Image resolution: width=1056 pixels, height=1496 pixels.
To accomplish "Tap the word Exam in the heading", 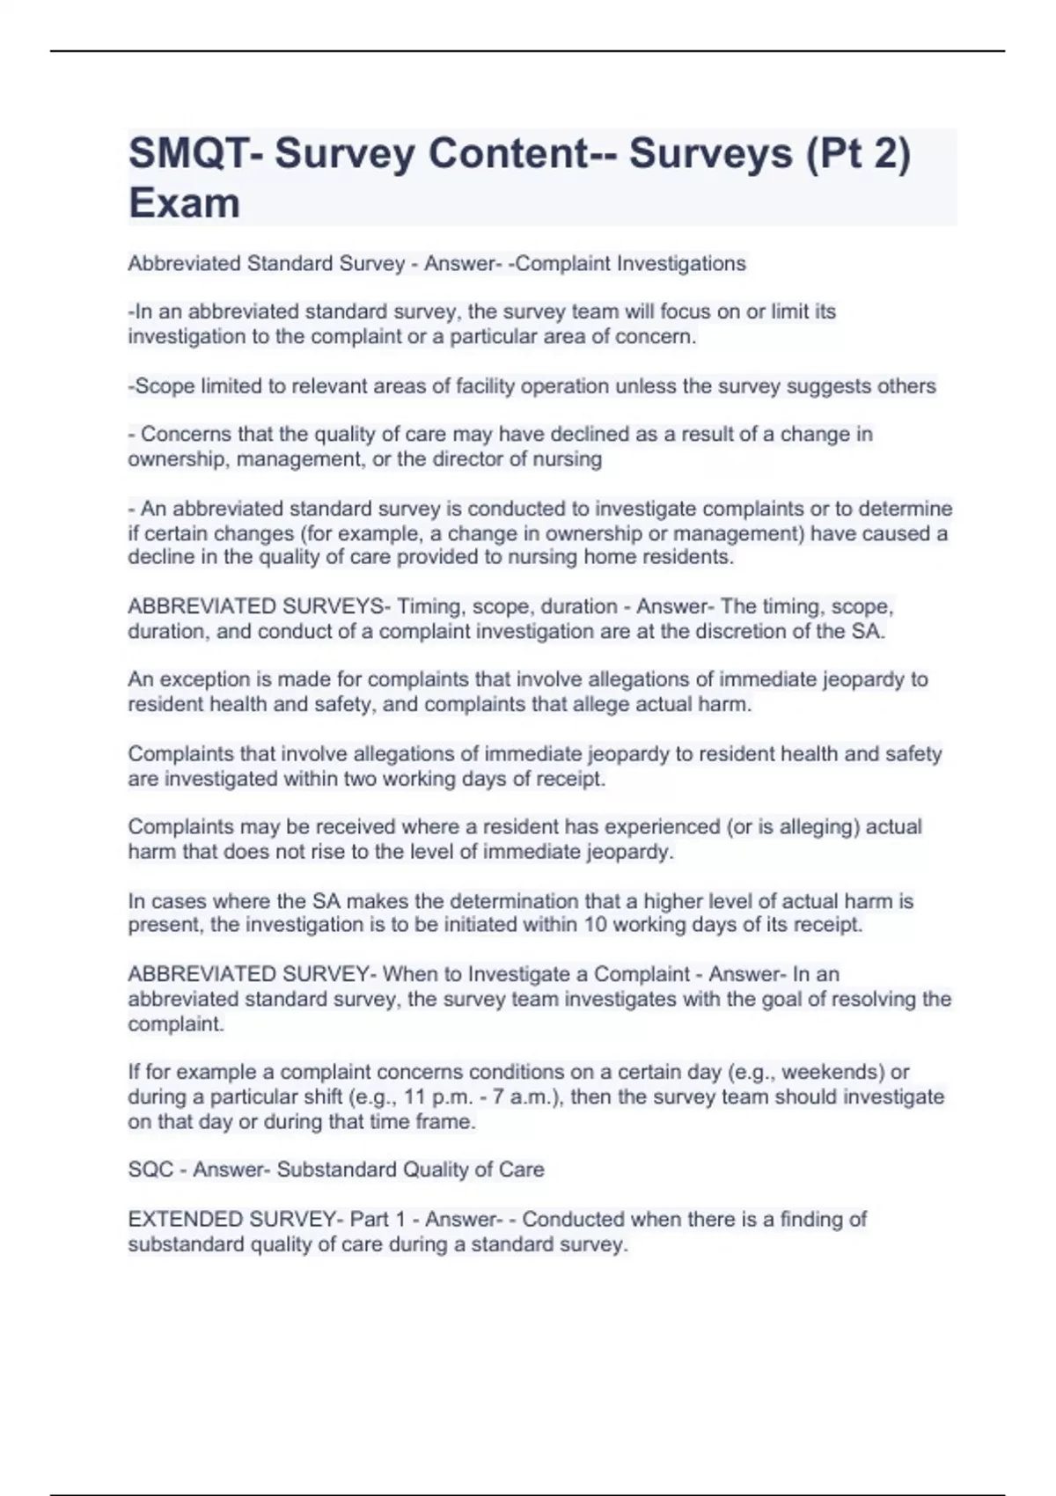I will tap(184, 203).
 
